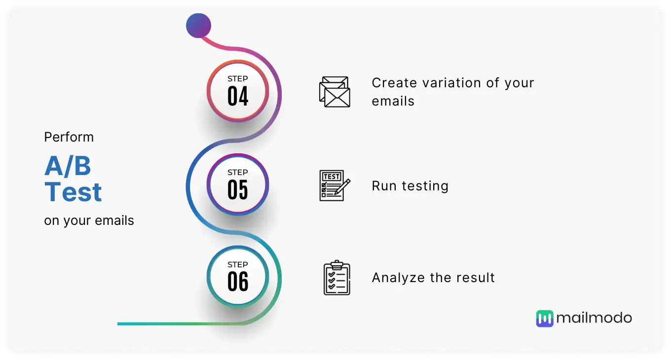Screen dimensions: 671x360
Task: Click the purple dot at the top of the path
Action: coord(198,26)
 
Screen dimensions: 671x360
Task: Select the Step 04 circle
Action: coord(238,91)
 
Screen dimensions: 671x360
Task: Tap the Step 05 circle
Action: coord(238,184)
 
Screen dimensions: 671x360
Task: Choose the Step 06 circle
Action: coord(238,277)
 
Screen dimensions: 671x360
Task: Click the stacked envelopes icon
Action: coord(335,92)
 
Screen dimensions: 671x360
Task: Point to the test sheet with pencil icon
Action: coord(335,185)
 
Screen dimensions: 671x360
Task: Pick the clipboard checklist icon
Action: coord(336,278)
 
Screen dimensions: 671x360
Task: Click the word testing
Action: coord(425,186)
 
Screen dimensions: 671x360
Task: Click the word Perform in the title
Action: coord(69,137)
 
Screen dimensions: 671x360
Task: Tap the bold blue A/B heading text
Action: coord(68,166)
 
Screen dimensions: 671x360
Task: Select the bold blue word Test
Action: coord(73,192)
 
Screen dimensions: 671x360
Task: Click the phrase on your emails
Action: coord(89,221)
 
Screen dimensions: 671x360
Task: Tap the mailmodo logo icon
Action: coord(545,319)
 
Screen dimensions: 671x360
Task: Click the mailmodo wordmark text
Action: coord(594,318)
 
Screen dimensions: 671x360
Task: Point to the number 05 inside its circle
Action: coord(238,190)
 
